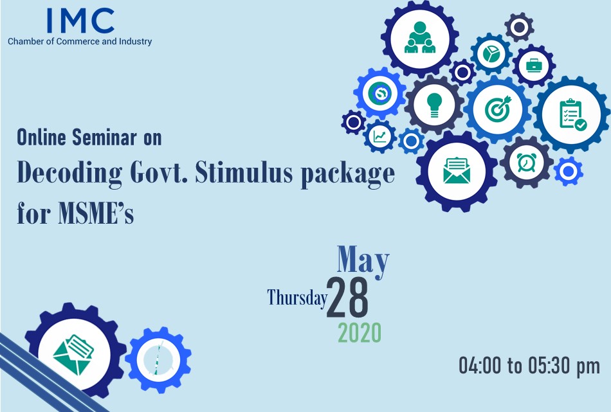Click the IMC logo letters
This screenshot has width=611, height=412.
point(80,21)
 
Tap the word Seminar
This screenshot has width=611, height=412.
point(105,138)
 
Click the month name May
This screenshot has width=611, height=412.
point(363,260)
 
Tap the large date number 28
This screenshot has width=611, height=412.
point(347,298)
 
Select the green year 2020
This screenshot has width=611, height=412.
point(360,333)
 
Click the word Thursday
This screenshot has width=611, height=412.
point(297,298)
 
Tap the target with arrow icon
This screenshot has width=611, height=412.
point(498,107)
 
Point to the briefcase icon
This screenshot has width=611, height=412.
point(533,66)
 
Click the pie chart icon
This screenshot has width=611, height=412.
point(491,54)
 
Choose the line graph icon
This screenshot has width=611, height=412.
point(380,136)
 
